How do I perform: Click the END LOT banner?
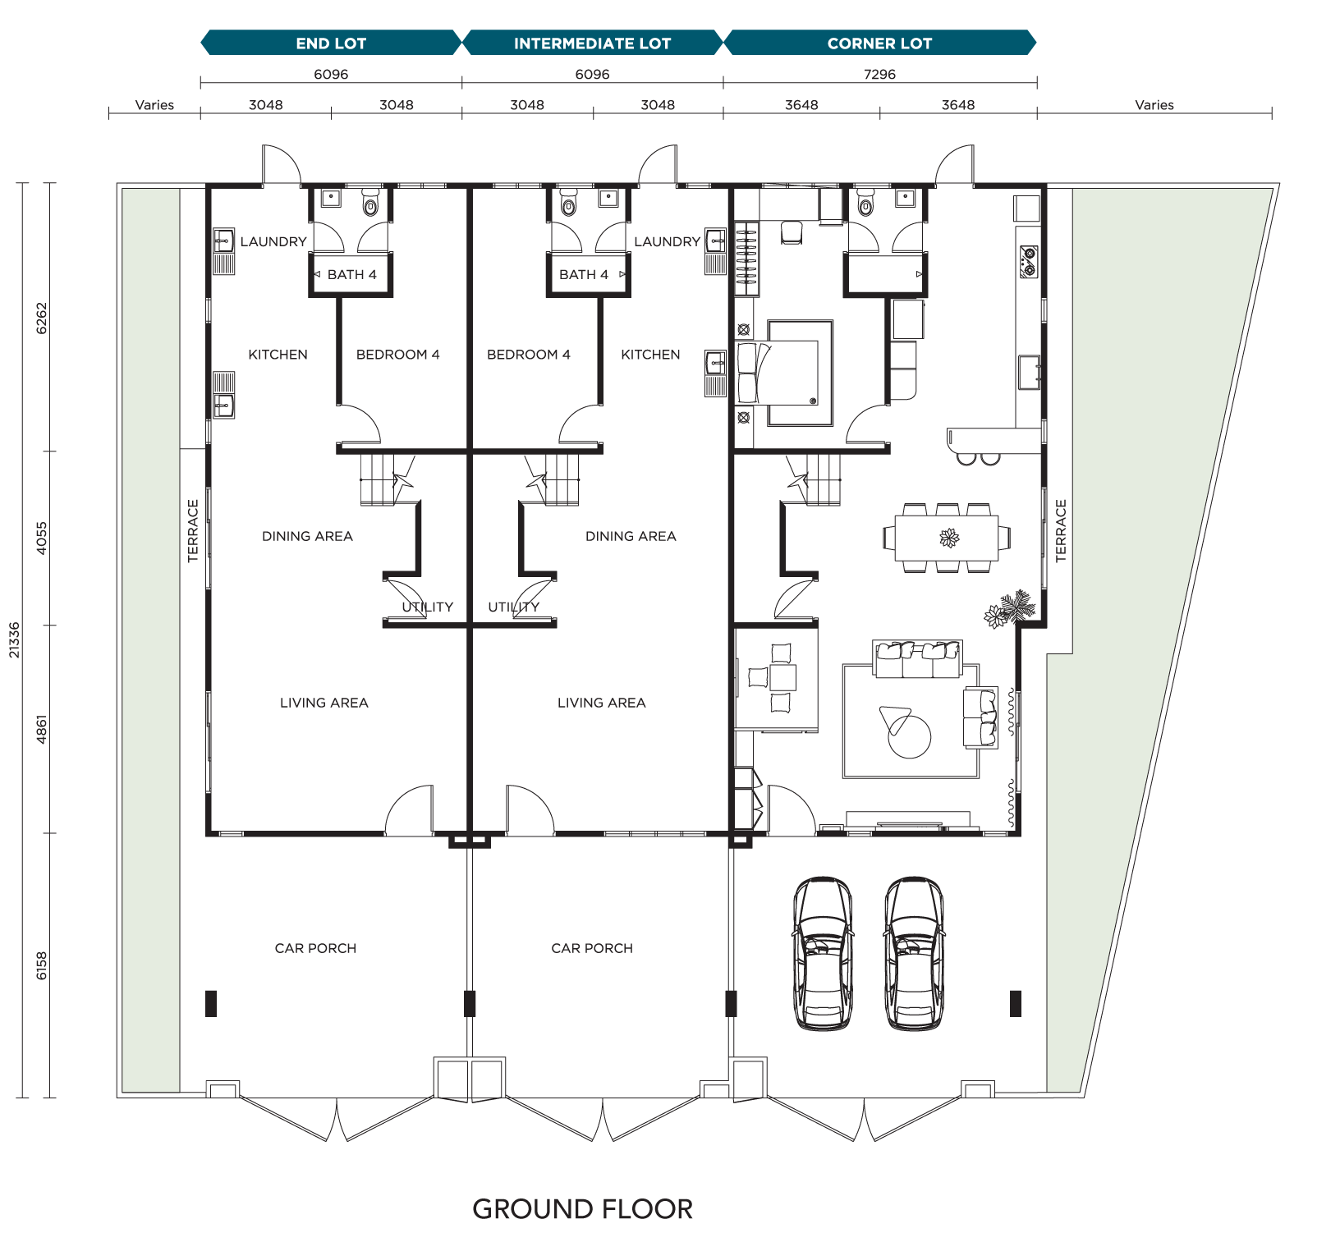(331, 44)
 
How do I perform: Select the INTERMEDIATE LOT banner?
(592, 44)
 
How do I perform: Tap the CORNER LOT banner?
(879, 44)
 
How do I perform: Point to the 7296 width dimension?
(879, 75)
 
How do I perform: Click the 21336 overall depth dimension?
(14, 639)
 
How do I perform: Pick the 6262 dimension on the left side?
(42, 319)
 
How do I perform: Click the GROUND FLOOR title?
(582, 1209)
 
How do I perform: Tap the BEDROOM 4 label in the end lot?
(397, 355)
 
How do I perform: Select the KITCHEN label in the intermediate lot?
(650, 355)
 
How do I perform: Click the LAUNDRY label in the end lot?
(273, 241)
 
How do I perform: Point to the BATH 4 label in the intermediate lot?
(584, 274)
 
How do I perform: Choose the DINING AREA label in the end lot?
(307, 536)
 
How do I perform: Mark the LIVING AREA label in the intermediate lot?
(601, 703)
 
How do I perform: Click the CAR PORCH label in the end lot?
(315, 948)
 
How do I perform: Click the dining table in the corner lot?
(948, 538)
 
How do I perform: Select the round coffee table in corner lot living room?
(910, 736)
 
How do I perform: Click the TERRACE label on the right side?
(1061, 530)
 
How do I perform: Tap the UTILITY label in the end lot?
(428, 607)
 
